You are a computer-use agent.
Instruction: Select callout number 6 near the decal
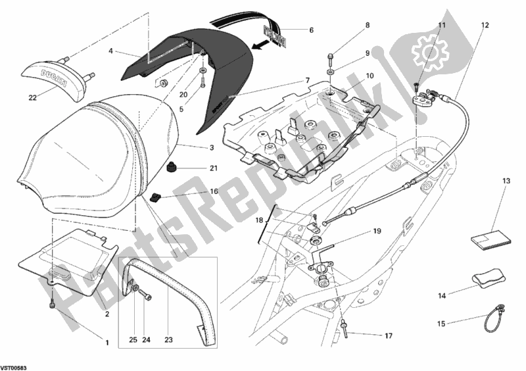click(312, 30)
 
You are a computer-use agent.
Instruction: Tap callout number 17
click(388, 336)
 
